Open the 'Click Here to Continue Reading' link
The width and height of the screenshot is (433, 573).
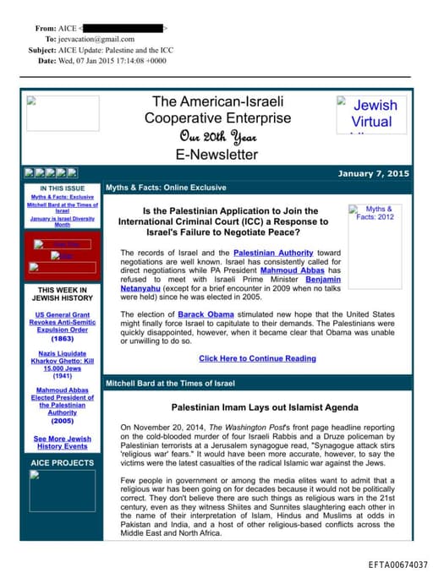point(257,358)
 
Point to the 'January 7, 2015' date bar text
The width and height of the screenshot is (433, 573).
point(373,173)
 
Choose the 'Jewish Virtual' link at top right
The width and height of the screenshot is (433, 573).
point(374,113)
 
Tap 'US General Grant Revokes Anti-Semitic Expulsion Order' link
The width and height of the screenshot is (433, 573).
point(63,322)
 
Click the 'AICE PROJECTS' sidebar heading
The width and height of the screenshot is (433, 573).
point(62,463)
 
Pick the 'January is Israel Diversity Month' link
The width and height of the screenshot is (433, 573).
point(62,221)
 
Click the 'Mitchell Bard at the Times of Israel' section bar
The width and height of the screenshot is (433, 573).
point(170,384)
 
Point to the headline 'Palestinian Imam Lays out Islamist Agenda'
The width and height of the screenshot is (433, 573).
point(258,407)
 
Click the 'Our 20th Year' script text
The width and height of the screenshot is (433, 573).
point(216,136)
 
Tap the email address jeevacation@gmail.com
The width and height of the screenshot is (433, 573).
point(97,39)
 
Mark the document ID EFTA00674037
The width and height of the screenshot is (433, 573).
point(397,564)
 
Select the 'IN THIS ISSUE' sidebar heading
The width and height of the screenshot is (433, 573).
point(62,188)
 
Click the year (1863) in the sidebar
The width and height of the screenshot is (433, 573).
point(62,338)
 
